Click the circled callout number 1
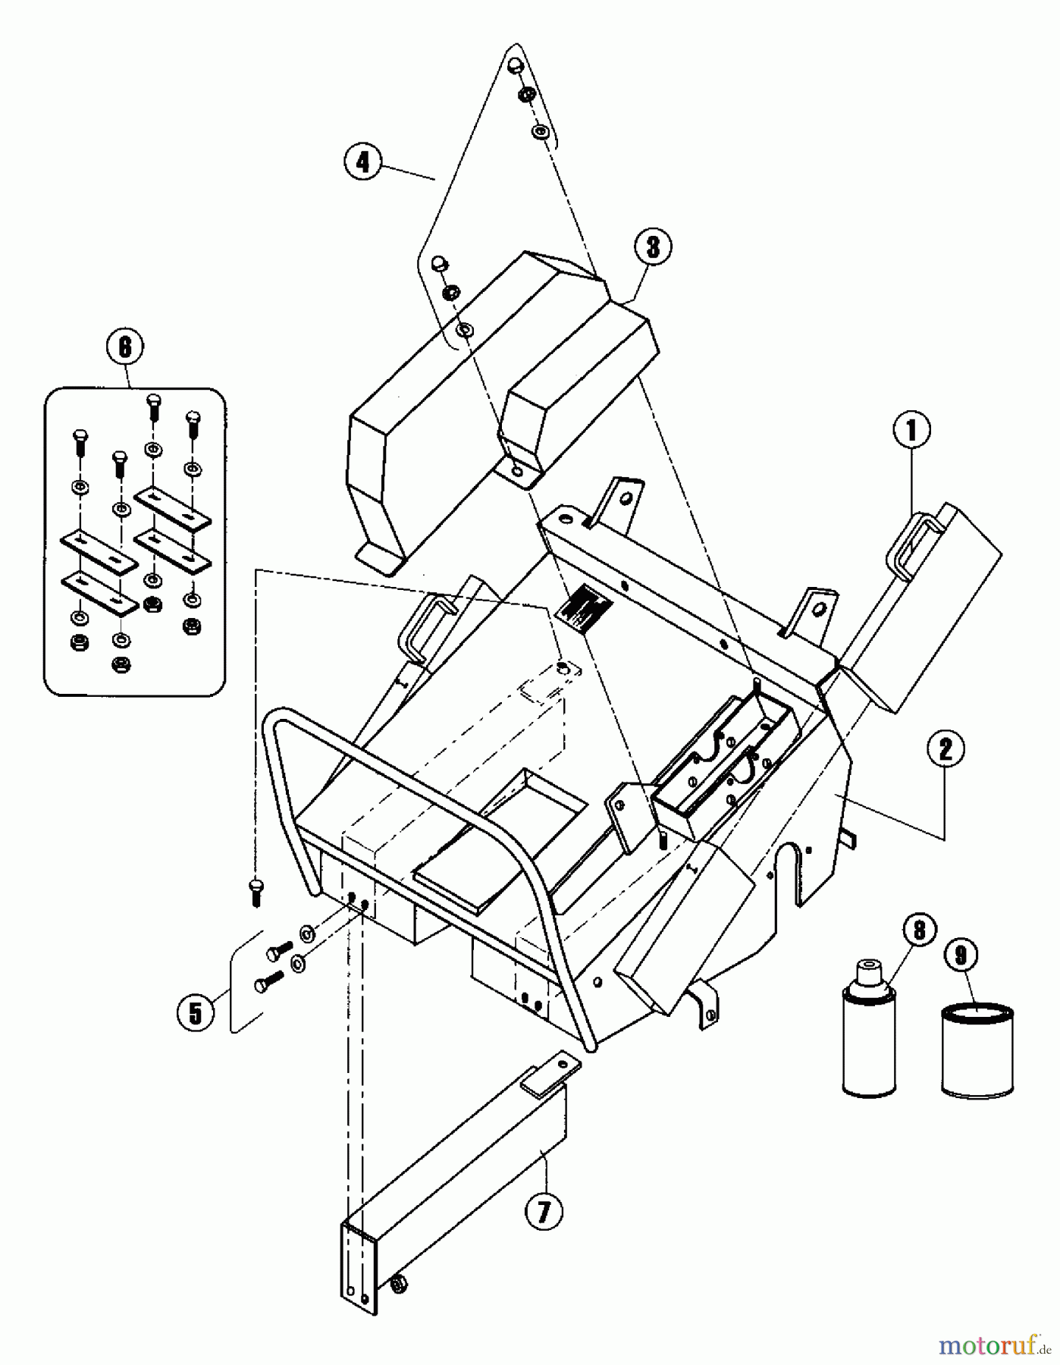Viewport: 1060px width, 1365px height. (x=911, y=431)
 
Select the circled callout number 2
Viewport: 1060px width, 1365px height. (x=944, y=749)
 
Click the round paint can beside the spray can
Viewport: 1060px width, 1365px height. (x=977, y=1050)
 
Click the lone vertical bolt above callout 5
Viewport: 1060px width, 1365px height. (x=256, y=892)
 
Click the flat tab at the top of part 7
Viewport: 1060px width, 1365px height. (x=550, y=1070)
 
